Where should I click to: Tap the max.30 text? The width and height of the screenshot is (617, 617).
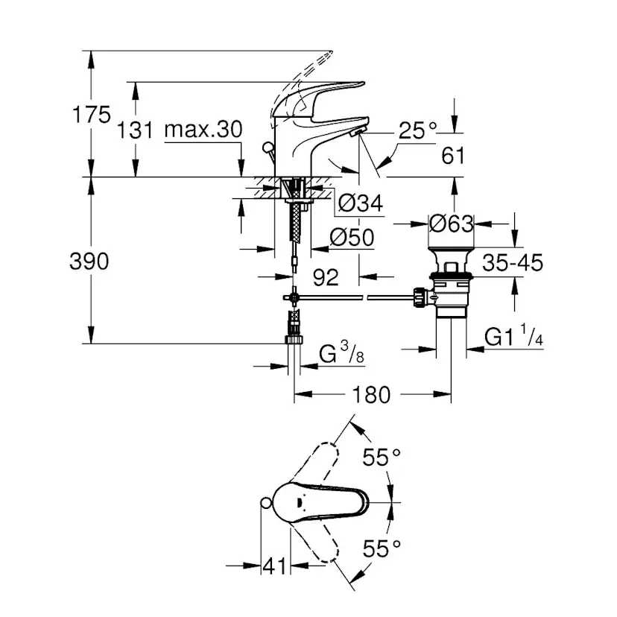point(203,130)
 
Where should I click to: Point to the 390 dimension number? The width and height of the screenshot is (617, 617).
point(89,262)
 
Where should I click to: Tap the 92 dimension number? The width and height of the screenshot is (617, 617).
point(326,277)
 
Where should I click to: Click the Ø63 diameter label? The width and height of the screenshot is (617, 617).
point(452,223)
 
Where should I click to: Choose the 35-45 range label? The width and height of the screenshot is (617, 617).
point(512,263)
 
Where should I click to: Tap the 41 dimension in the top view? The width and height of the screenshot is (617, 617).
point(274,566)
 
